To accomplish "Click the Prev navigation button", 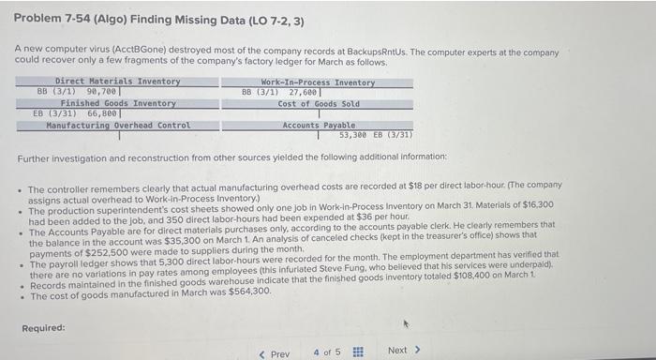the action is pos(274,352).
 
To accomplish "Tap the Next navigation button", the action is pos(404,351).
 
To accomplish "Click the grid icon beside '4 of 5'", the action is pos(357,352).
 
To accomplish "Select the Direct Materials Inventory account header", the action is pos(117,82).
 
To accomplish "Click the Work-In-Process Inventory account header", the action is pos(317,82).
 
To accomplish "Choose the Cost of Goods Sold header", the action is pos(318,103).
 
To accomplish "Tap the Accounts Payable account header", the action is pos(319,125).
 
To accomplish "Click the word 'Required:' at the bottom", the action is pos(44,328).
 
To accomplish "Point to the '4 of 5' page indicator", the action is pos(327,352).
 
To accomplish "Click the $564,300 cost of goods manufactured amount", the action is pos(247,292).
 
